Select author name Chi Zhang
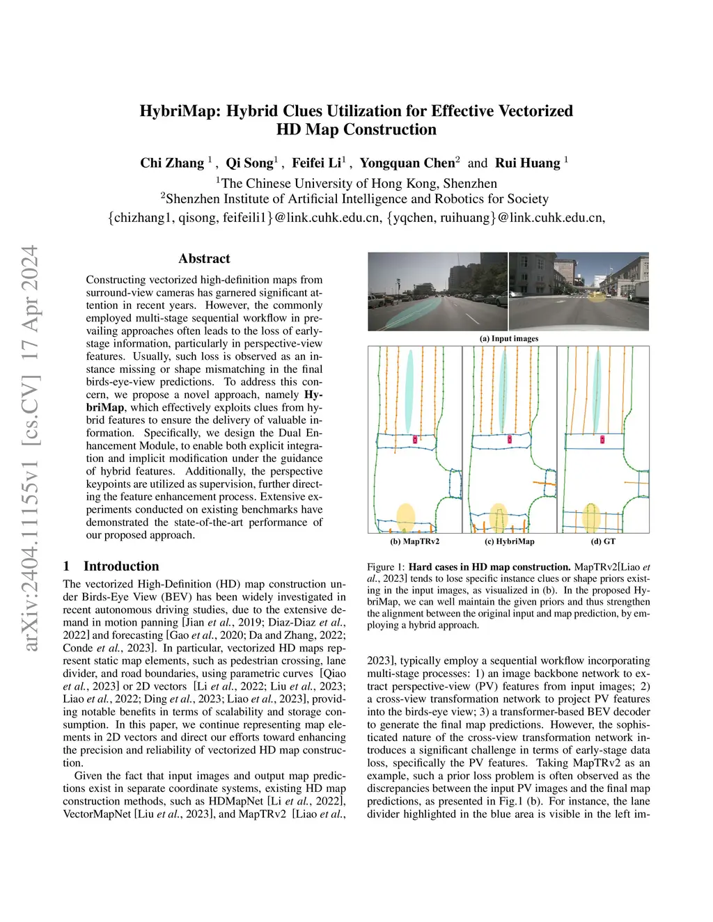tap(172, 163)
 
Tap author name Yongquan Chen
tap(407, 163)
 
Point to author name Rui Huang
tap(527, 163)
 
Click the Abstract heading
tap(204, 259)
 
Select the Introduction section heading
tap(121, 566)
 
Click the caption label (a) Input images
tap(508, 339)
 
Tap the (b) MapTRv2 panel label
tap(414, 541)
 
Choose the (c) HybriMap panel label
tap(509, 541)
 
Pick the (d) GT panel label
tap(603, 541)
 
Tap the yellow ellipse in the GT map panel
tap(591, 516)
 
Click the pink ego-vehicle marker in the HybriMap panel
tap(510, 440)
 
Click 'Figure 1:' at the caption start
tap(385, 567)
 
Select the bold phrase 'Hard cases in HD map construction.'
tap(489, 567)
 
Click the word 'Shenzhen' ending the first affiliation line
tap(470, 184)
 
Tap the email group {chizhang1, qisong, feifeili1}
tap(191, 218)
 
